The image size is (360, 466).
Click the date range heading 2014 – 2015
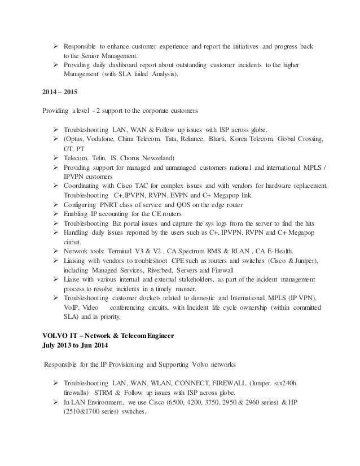coord(59,92)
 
